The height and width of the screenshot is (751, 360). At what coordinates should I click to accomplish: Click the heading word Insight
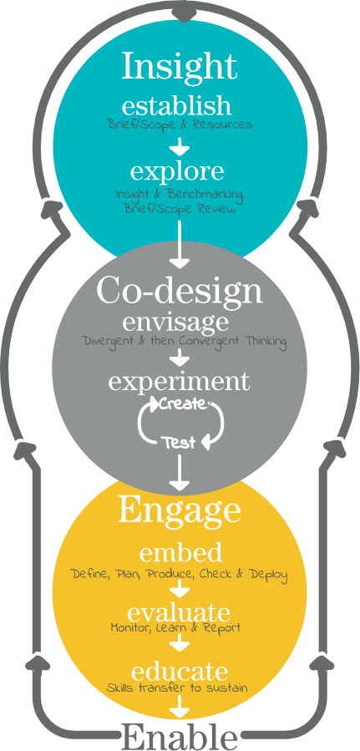coord(180,67)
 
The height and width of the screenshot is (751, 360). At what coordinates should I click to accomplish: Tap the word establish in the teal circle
coord(176,105)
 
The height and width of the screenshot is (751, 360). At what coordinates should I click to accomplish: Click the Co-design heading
coord(180,291)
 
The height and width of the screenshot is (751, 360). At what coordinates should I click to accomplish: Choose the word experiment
coord(179,382)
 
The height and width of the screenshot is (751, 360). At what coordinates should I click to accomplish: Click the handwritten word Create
coord(181,403)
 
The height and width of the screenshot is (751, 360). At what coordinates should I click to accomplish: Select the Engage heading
coord(179,511)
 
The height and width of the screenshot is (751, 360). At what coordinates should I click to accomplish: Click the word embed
coord(180,553)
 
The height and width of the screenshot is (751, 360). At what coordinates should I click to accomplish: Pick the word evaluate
coord(179,613)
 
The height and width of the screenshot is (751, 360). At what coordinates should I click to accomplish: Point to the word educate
coord(179,672)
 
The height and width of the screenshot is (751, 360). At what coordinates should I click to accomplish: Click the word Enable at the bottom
coord(180,737)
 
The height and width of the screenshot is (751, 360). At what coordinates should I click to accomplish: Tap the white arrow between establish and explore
coord(180,146)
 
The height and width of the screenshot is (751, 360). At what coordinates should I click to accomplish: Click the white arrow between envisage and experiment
coord(180,357)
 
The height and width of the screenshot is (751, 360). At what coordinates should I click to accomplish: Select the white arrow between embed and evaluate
coord(180,587)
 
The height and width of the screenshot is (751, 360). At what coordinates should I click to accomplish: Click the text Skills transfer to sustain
coord(177,688)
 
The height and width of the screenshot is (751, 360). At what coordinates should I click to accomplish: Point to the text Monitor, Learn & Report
coord(175,627)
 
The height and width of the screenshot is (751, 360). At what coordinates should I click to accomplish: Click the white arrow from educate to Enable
coord(180,706)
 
